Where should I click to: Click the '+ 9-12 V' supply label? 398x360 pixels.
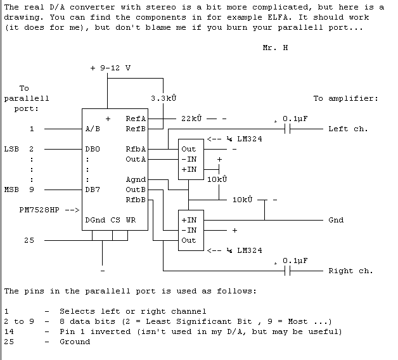point(112,68)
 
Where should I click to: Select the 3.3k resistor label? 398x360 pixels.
point(164,98)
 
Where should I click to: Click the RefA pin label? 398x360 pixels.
point(136,119)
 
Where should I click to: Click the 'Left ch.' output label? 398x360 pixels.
point(348,129)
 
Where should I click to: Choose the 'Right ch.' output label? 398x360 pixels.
point(350,271)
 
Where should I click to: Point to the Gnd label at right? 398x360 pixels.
point(336,220)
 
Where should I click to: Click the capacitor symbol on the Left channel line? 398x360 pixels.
point(288,129)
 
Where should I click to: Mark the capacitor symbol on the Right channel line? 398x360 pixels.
point(288,271)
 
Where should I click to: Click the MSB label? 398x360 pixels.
point(11,190)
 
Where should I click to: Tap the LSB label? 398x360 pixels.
point(11,149)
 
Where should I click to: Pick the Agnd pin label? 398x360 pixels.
point(136,179)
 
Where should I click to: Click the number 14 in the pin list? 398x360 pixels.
point(9,331)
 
